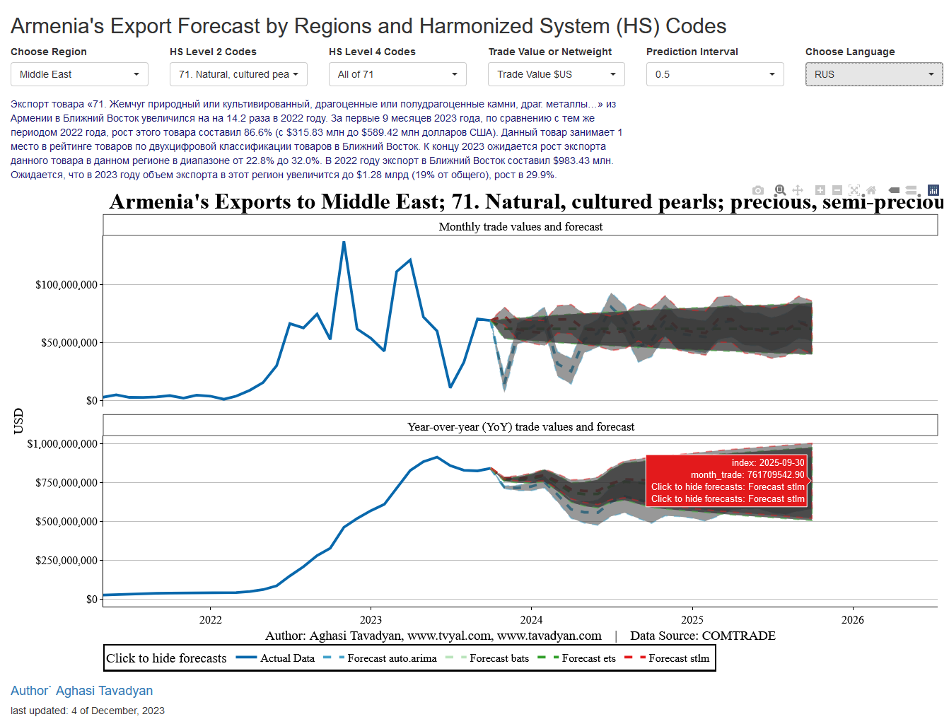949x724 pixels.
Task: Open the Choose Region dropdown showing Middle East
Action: point(79,74)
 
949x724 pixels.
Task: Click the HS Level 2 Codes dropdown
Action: point(238,74)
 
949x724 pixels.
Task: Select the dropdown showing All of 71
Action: point(397,74)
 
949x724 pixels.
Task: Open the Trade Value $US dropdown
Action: point(557,74)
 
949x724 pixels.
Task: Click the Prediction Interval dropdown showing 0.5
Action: point(715,74)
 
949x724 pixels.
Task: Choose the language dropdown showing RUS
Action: point(874,74)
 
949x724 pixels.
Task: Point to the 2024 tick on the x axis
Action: point(531,620)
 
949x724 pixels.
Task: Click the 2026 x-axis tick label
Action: point(852,620)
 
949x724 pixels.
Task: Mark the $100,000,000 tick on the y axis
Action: point(66,285)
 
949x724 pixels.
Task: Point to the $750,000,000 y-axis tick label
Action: point(62,483)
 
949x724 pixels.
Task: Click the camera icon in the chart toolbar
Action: point(758,190)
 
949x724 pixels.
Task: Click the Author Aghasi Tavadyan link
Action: point(81,691)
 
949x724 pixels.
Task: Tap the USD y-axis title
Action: point(18,421)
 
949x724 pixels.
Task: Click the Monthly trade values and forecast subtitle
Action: point(520,227)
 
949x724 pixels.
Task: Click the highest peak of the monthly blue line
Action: point(344,243)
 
